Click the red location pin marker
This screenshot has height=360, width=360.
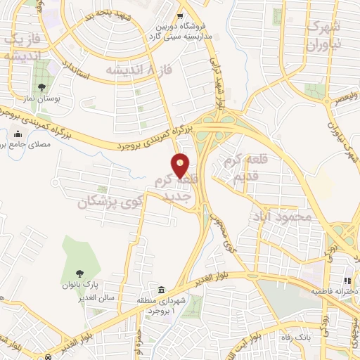tap(181, 165)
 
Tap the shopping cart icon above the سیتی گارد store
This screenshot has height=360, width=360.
tap(181, 16)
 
